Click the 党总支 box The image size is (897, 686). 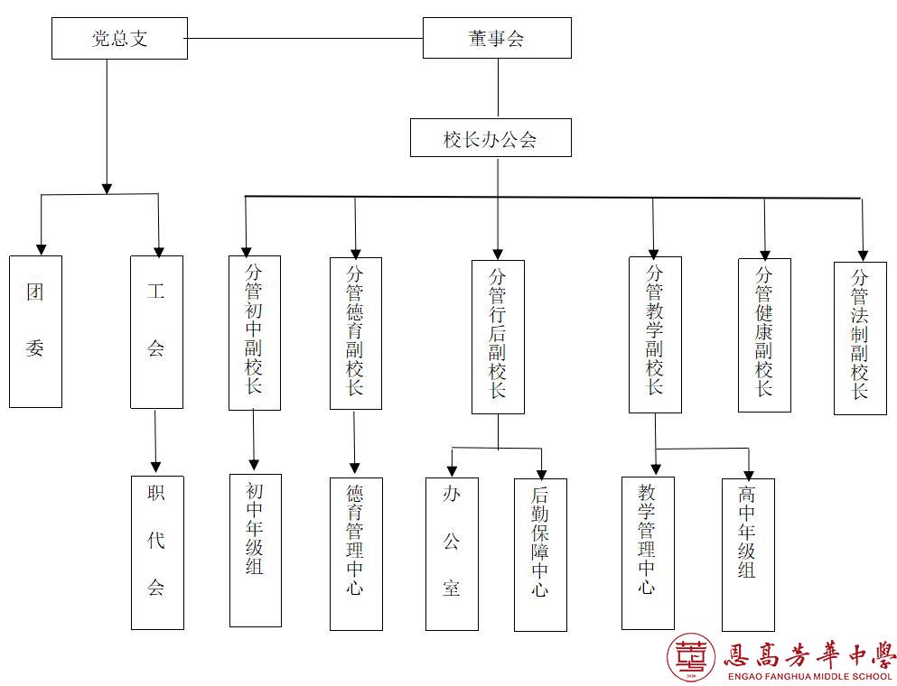pos(119,39)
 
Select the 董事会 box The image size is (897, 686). pos(497,38)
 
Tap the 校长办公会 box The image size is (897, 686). pos(491,138)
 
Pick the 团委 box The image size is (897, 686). pos(36,331)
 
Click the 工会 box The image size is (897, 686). pos(156,331)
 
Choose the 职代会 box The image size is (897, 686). pos(157,552)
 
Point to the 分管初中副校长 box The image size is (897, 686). pos(255,332)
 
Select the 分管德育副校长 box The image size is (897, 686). pos(355,333)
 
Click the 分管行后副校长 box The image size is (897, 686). pos(498,337)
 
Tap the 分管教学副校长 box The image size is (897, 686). pos(655,334)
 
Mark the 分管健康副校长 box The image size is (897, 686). pos(764,335)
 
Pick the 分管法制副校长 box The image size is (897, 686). pos(860,338)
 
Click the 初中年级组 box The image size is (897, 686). pos(255,550)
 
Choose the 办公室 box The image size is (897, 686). pos(452,553)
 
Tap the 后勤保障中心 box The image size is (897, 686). pos(540,554)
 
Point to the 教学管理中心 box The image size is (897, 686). pos(648,552)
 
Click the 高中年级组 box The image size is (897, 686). pos(748,554)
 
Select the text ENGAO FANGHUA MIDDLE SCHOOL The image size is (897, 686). pos(808,676)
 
